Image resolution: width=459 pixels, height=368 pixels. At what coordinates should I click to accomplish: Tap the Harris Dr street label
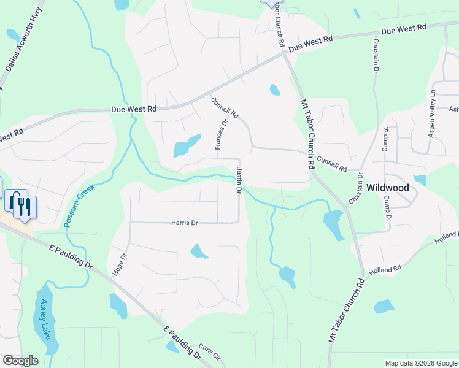click(185, 223)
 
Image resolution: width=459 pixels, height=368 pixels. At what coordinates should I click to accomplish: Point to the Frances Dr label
click(221, 134)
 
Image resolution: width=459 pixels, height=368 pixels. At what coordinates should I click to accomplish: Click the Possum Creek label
click(79, 205)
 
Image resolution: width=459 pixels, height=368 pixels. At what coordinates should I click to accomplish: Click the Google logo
click(20, 361)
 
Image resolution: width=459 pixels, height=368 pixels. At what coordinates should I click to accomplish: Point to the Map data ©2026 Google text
click(420, 363)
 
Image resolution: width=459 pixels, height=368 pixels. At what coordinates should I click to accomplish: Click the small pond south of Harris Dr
click(199, 251)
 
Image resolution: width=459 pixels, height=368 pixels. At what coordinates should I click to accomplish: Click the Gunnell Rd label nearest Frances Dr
click(224, 108)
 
